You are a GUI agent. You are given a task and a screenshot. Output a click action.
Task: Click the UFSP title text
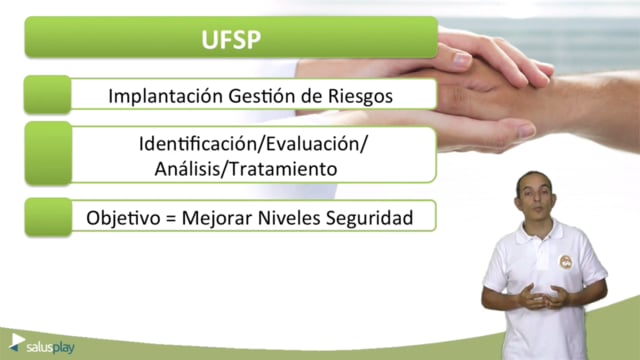(231, 40)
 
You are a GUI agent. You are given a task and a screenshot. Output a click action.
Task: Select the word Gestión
(262, 96)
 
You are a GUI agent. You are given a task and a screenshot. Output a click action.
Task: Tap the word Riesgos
(360, 97)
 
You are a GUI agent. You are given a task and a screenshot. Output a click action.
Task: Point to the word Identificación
(200, 144)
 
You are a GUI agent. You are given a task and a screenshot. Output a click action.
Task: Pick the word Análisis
(185, 169)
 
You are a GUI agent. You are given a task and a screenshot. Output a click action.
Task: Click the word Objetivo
(123, 218)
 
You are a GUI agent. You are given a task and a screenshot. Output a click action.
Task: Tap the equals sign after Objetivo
(171, 218)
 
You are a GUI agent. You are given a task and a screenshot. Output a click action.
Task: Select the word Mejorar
(217, 218)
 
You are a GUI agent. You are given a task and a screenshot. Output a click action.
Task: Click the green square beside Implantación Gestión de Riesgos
(47, 94)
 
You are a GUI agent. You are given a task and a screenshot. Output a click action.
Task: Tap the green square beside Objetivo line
(48, 217)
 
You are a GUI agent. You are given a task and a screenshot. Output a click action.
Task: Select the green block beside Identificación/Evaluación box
(48, 153)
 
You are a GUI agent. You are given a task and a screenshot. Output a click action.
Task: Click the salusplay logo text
(50, 348)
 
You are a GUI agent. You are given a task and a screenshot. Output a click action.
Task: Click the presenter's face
(536, 197)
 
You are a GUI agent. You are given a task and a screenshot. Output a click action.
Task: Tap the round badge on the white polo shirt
(566, 262)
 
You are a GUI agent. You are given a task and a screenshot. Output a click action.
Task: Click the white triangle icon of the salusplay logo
(17, 340)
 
